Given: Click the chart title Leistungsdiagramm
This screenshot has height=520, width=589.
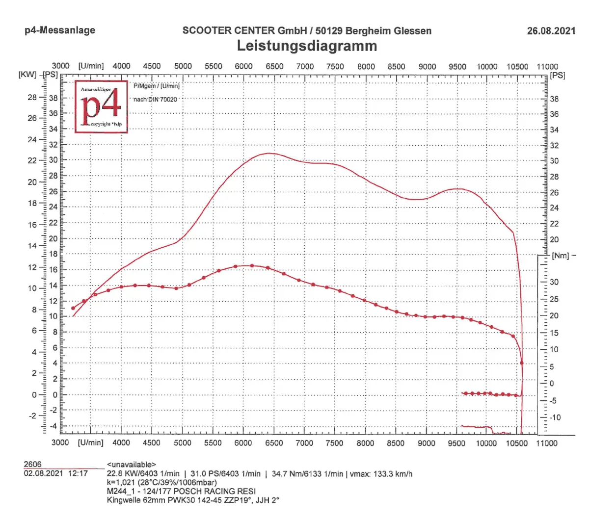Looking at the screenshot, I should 307,46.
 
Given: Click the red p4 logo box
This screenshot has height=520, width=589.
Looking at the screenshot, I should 101,107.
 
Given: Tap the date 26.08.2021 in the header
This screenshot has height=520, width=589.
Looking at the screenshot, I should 551,31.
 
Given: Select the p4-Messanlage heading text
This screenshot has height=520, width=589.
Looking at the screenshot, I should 60,30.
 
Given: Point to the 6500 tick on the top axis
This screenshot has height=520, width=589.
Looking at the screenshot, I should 274,66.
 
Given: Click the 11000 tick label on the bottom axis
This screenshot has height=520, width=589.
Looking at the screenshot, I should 546,443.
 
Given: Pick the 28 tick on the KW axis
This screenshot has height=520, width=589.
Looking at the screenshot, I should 32,97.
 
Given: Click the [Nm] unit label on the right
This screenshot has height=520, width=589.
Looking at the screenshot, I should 560,256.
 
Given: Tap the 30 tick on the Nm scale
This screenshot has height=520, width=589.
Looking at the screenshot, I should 554,282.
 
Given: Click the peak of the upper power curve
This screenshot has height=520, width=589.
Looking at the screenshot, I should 268,153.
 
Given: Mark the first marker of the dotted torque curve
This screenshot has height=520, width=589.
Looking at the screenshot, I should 73,308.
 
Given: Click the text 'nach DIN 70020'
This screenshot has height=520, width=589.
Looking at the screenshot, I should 155,100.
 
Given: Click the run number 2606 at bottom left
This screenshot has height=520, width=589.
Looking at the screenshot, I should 33,464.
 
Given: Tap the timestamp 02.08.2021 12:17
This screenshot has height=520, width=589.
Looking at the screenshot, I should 55,473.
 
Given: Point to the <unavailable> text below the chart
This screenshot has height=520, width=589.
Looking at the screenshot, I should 131,465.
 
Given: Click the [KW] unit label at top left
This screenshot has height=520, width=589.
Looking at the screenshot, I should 27,75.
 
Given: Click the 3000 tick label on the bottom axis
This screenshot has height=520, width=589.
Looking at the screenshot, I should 60,442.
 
